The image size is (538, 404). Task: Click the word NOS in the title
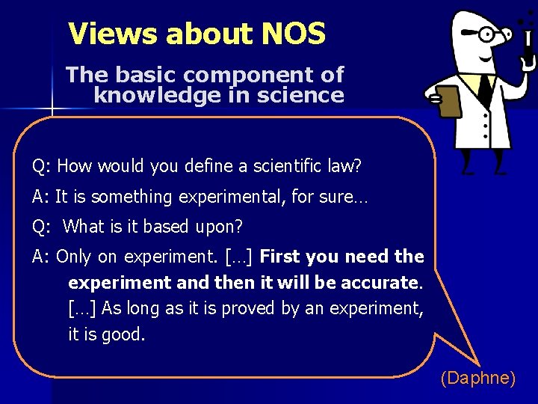pos(294,34)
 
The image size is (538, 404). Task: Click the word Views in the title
pos(112,34)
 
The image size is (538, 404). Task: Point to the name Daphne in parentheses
pos(478,379)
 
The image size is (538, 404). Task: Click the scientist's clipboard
pos(449,101)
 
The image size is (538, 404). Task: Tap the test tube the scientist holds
pos(528,45)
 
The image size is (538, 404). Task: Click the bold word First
pos(279,257)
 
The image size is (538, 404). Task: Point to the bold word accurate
pos(380,283)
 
